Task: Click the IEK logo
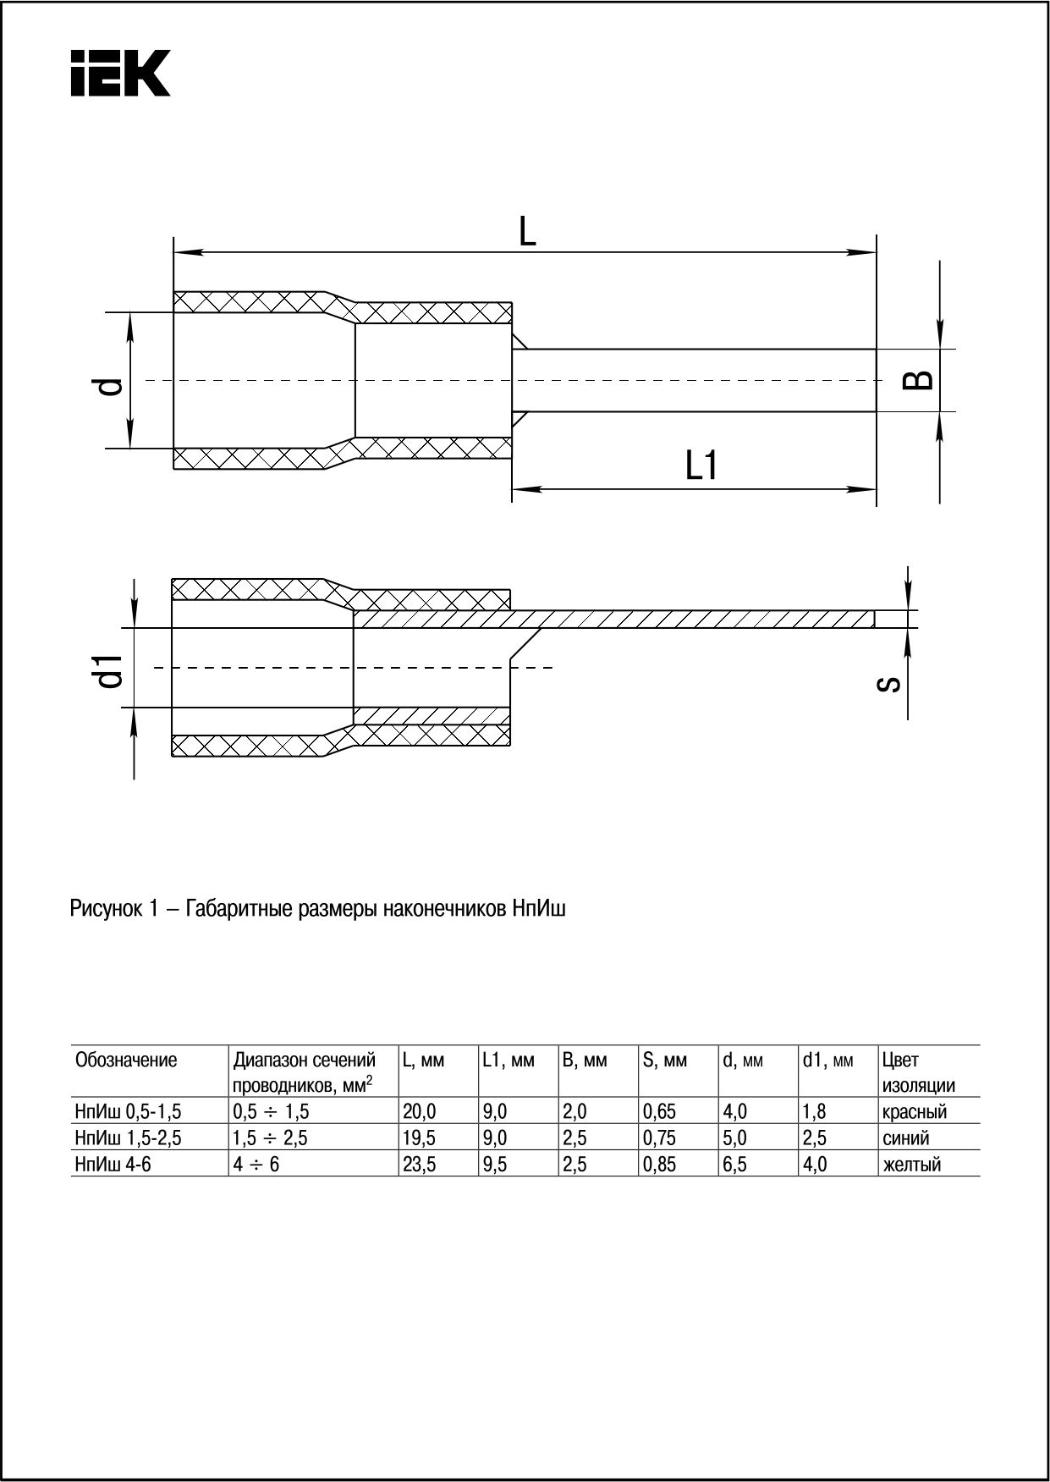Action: click(120, 73)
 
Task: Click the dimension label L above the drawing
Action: click(527, 231)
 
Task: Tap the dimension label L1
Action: click(701, 466)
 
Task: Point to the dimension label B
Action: click(919, 379)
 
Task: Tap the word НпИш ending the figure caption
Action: click(538, 910)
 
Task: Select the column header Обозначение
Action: click(127, 1060)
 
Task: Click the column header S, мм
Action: click(665, 1060)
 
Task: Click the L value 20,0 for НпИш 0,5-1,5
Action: click(420, 1111)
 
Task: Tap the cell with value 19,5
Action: click(420, 1138)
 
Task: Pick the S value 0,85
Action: click(660, 1165)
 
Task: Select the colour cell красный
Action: click(914, 1111)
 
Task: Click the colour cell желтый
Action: click(911, 1165)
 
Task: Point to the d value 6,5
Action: click(735, 1165)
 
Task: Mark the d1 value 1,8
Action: click(815, 1111)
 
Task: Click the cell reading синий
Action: click(906, 1138)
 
